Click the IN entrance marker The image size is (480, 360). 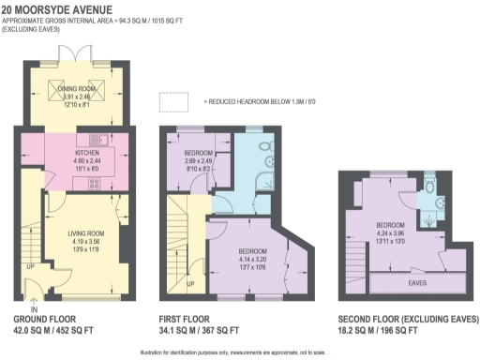35,308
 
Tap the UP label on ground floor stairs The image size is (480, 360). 29,265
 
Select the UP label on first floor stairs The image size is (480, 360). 190,283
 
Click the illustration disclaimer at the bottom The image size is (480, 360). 240,351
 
